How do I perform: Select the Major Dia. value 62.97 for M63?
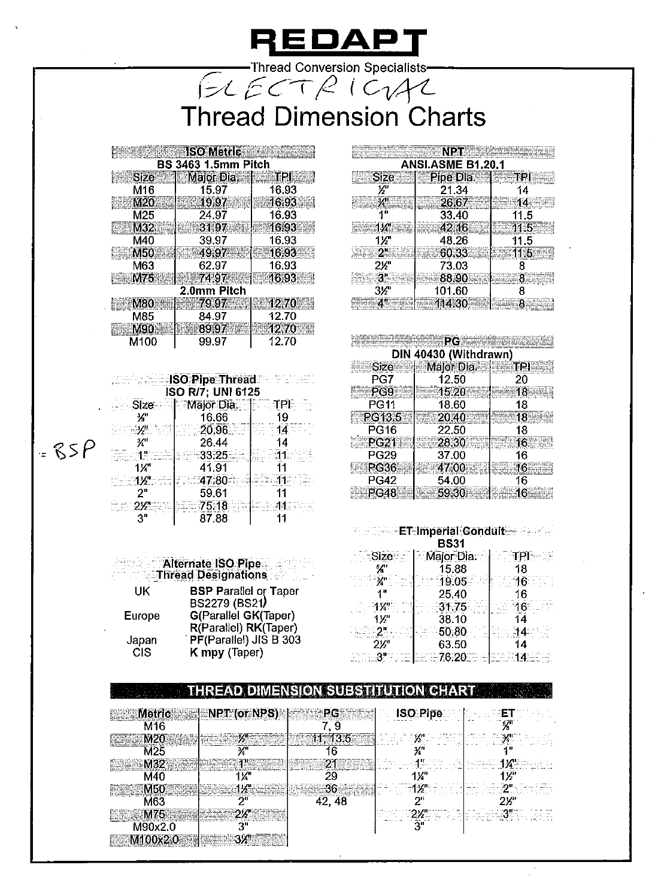pyautogui.click(x=213, y=265)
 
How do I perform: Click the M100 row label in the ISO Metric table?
pyautogui.click(x=143, y=342)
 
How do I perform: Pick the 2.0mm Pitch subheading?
pyautogui.click(x=213, y=291)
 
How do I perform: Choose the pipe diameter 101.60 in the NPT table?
pyautogui.click(x=453, y=291)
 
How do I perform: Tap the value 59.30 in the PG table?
pyautogui.click(x=451, y=493)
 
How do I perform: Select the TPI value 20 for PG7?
pyautogui.click(x=521, y=380)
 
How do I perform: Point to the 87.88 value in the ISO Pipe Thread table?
pyautogui.click(x=213, y=519)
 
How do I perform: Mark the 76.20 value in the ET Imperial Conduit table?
pyautogui.click(x=453, y=657)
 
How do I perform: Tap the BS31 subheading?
pyautogui.click(x=452, y=543)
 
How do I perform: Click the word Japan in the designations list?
pyautogui.click(x=142, y=640)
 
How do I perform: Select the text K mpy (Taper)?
pyautogui.click(x=226, y=652)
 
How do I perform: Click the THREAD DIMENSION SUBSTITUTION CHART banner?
pyautogui.click(x=331, y=691)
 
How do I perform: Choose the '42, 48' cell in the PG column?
pyautogui.click(x=330, y=802)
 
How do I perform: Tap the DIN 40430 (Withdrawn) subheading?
pyautogui.click(x=452, y=355)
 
